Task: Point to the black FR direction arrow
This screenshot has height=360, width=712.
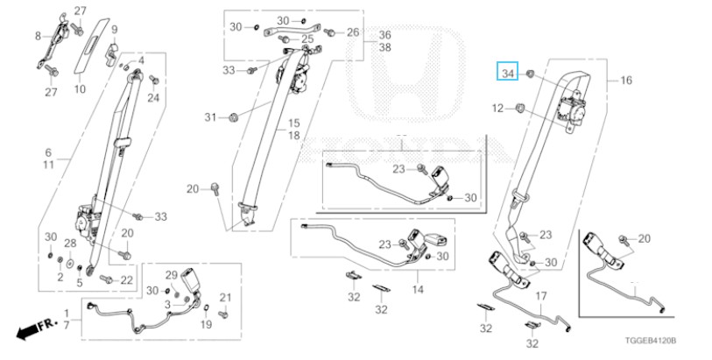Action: pyautogui.click(x=30, y=330)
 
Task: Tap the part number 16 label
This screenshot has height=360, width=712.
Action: pyautogui.click(x=626, y=81)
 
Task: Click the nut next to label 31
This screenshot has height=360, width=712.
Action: pyautogui.click(x=235, y=116)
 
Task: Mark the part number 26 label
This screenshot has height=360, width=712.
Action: pyautogui.click(x=352, y=32)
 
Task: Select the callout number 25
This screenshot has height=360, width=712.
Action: pyautogui.click(x=307, y=39)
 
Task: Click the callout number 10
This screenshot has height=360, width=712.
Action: pyautogui.click(x=79, y=89)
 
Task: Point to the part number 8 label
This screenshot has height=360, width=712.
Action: pyautogui.click(x=38, y=36)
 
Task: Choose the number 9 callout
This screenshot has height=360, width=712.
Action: pyautogui.click(x=114, y=31)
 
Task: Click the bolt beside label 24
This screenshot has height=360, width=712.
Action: pyautogui.click(x=155, y=82)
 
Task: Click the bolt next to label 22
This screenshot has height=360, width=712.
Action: pyautogui.click(x=106, y=279)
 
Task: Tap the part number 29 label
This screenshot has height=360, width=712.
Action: pyautogui.click(x=172, y=274)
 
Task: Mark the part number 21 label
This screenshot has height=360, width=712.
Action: pyautogui.click(x=224, y=296)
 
